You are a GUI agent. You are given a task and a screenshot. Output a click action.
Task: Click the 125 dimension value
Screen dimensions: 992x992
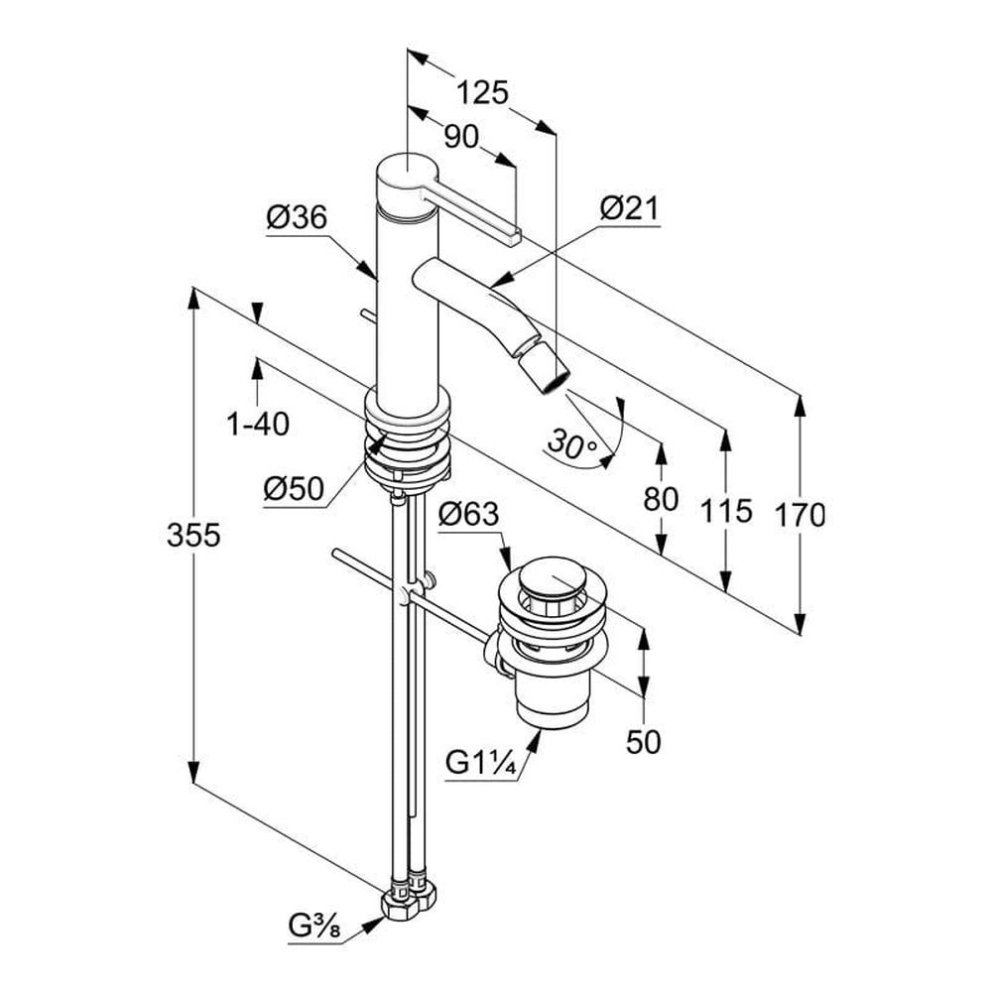pos(482,92)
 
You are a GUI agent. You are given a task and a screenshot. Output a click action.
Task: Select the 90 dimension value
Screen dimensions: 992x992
pos(460,137)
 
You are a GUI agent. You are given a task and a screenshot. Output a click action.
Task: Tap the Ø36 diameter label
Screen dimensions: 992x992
pos(296,217)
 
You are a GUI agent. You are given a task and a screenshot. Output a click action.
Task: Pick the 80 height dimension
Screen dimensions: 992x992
pos(661,499)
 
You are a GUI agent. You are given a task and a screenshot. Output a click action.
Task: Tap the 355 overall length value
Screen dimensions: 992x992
pos(193,536)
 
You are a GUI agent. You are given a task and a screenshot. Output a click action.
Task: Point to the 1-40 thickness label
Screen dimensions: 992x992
pos(258,425)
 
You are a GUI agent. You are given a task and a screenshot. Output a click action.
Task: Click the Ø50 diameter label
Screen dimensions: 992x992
pos(295,488)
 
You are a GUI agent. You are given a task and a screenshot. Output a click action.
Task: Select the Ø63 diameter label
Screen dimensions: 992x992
pos(469,514)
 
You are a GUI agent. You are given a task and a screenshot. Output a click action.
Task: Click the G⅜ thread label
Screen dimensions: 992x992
pos(315,928)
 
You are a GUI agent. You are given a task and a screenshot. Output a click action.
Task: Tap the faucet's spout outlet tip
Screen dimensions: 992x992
pos(557,378)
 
